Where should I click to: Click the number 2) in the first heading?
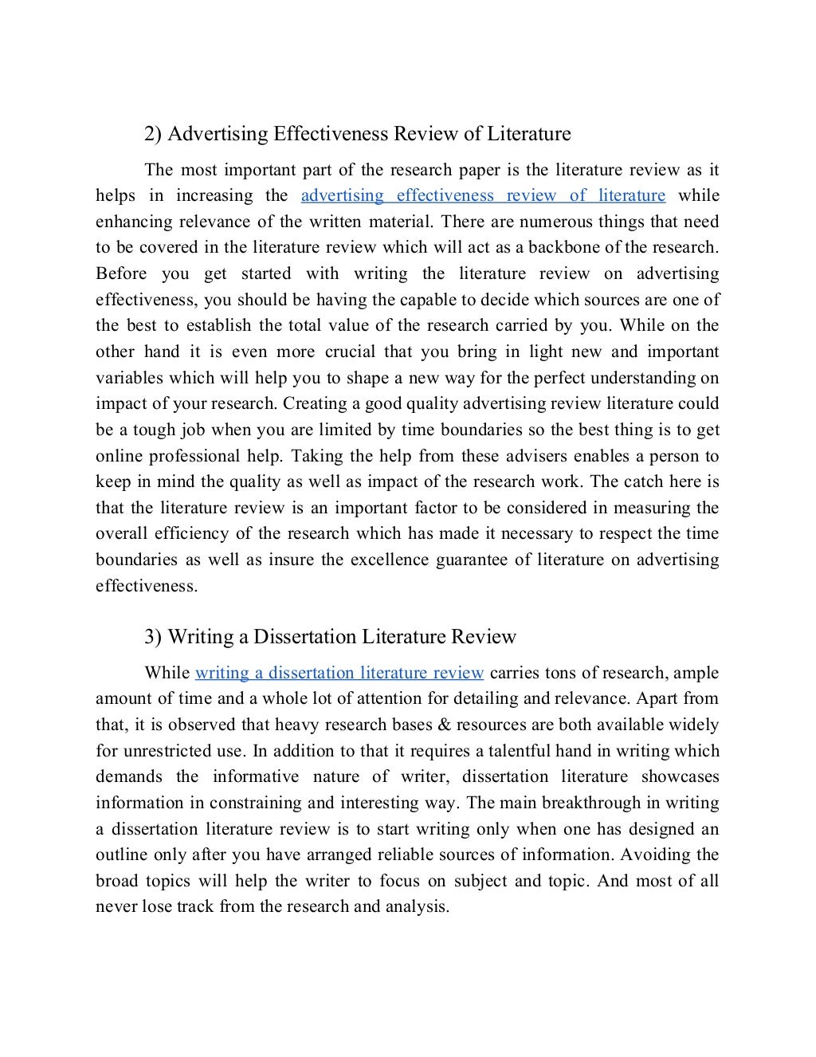[153, 134]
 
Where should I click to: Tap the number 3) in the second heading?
[153, 637]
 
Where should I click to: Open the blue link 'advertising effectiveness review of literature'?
[483, 196]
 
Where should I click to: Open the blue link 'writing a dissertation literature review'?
[339, 673]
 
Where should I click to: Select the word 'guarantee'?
[471, 560]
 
